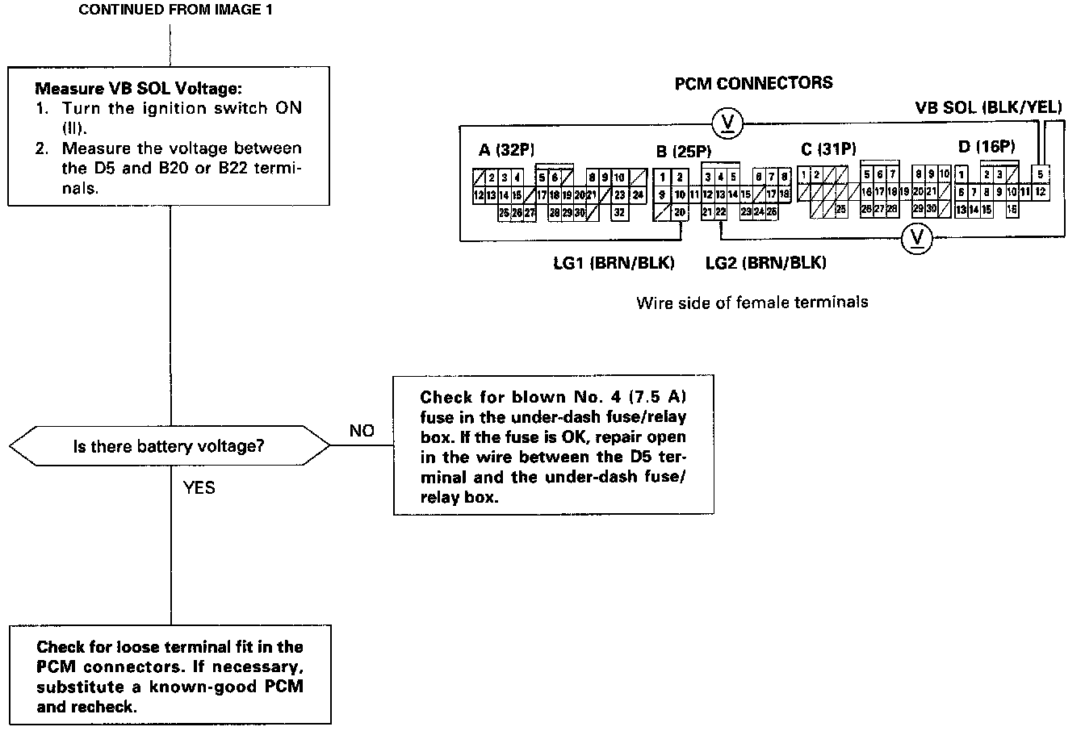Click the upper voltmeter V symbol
[x=727, y=123]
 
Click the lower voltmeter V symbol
[x=915, y=237]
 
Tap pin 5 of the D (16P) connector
[x=1041, y=174]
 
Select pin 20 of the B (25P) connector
[x=680, y=212]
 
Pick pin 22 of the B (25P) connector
[x=720, y=211]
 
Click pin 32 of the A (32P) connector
[x=619, y=212]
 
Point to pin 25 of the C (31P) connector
[x=840, y=209]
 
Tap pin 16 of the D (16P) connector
[x=1012, y=209]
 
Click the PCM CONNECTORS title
[x=754, y=83]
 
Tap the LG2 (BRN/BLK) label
[x=765, y=263]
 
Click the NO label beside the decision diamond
[x=362, y=431]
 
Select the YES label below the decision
[x=199, y=487]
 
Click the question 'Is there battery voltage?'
[x=169, y=445]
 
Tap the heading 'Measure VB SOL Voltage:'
[x=138, y=87]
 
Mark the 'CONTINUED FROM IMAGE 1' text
[x=170, y=10]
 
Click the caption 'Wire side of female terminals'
[x=752, y=303]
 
